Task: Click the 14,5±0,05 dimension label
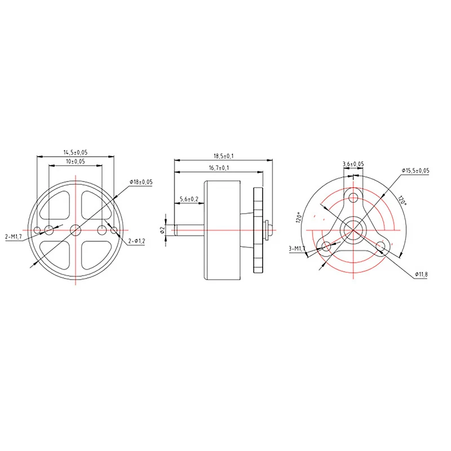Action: coord(76,152)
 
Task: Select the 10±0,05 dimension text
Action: coord(76,162)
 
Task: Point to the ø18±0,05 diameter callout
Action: coord(142,182)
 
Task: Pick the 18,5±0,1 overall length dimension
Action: coord(223,155)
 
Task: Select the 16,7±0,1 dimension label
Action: coord(218,168)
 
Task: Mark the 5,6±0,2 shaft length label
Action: coord(188,199)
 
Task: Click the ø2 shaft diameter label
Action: coord(162,229)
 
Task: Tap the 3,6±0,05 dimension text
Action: coord(353,164)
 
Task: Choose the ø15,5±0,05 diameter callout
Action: coord(415,170)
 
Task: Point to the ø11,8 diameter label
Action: coord(423,274)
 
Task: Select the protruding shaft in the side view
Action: coord(188,229)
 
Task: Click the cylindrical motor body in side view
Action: coord(223,229)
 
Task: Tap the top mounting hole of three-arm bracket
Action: coord(353,197)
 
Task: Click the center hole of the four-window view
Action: coord(76,229)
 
